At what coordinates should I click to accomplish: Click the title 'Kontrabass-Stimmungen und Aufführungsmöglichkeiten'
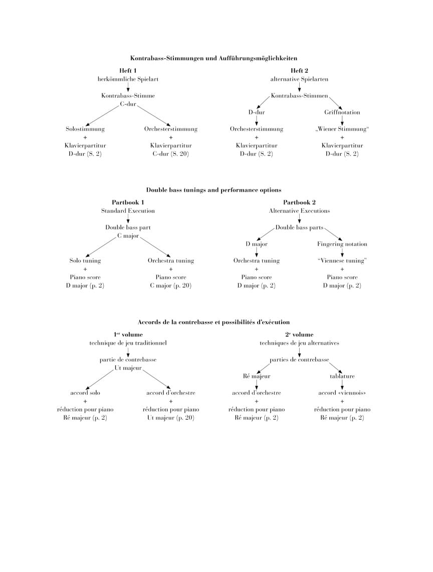pyautogui.click(x=213, y=58)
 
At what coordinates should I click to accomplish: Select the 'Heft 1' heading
pyautogui.click(x=128, y=70)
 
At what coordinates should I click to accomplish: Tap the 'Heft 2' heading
pyautogui.click(x=299, y=70)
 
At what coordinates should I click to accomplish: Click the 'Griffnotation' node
pyautogui.click(x=342, y=112)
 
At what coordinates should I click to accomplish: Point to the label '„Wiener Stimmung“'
pyautogui.click(x=342, y=129)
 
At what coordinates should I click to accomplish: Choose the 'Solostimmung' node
pyautogui.click(x=85, y=129)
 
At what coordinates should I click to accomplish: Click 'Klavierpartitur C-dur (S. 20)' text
pyautogui.click(x=170, y=150)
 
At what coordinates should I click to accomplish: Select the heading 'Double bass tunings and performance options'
pyautogui.click(x=213, y=190)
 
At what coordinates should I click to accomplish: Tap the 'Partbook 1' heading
pyautogui.click(x=128, y=202)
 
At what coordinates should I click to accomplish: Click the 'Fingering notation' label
pyautogui.click(x=342, y=244)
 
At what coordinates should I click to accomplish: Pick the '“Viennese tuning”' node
pyautogui.click(x=342, y=261)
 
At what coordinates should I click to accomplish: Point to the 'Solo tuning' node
pyautogui.click(x=85, y=261)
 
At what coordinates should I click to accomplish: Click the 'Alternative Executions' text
pyautogui.click(x=299, y=211)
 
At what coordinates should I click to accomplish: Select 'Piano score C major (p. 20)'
pyautogui.click(x=170, y=281)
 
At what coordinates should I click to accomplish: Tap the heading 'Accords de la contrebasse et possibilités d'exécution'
pyautogui.click(x=213, y=322)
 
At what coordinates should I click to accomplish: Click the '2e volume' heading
pyautogui.click(x=299, y=334)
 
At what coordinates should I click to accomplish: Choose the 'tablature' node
pyautogui.click(x=342, y=376)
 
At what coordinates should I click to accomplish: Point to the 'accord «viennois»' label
pyautogui.click(x=342, y=393)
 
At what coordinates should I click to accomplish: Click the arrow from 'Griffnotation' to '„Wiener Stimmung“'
pyautogui.click(x=342, y=121)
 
